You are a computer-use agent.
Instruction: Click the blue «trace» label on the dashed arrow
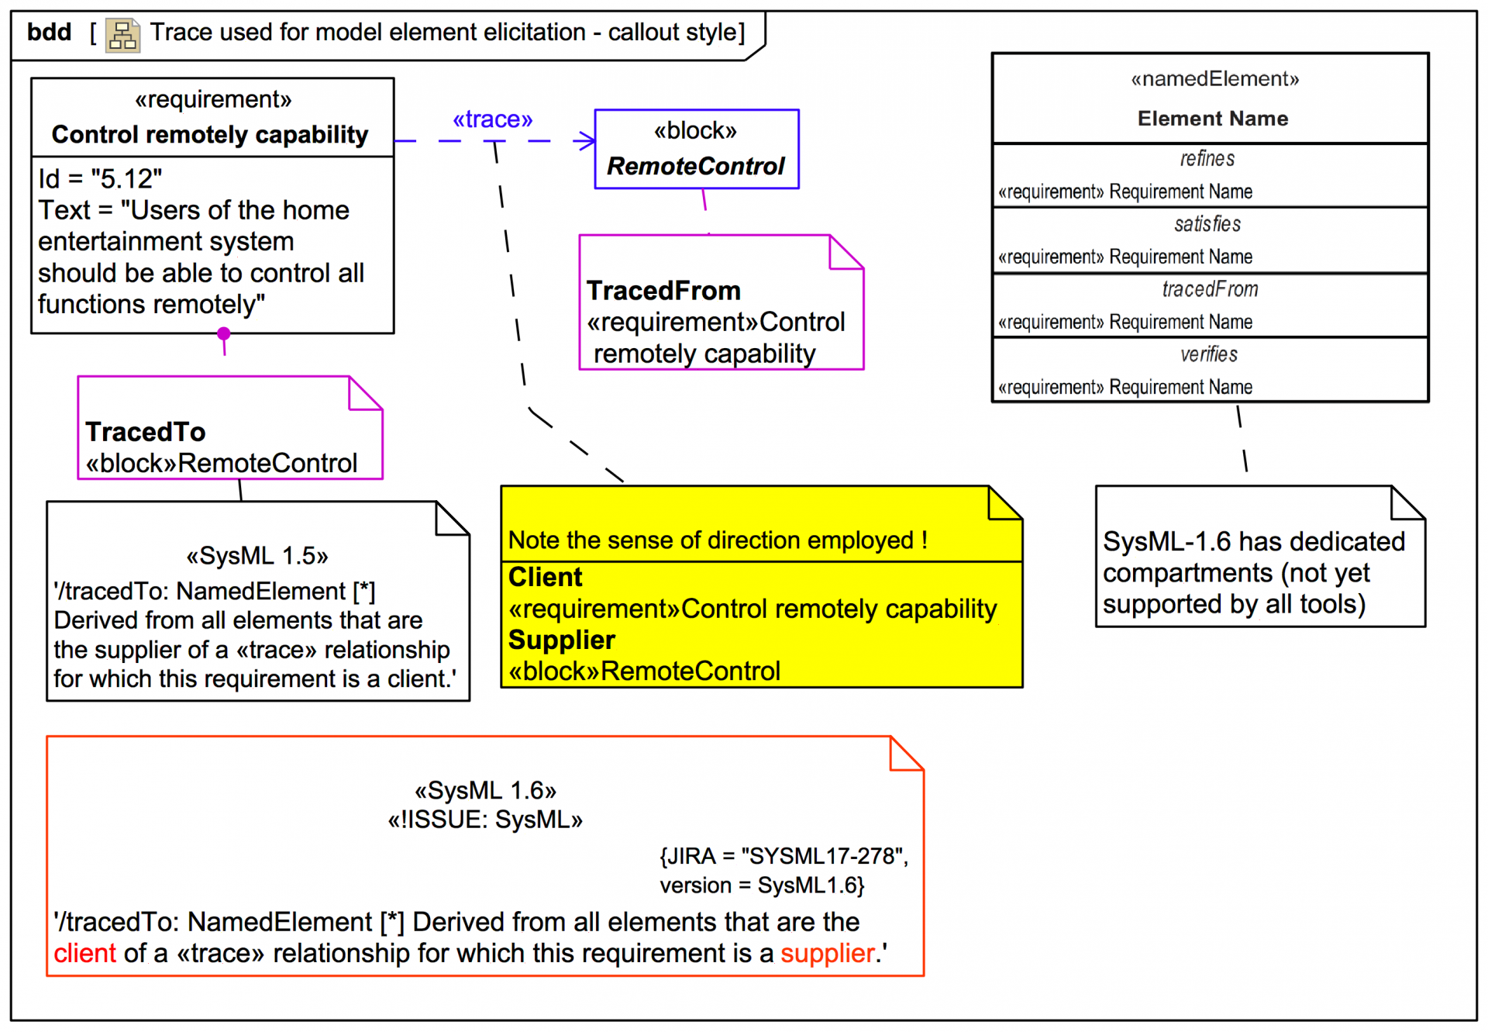click(492, 119)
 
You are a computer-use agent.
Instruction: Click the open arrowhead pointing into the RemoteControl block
click(587, 140)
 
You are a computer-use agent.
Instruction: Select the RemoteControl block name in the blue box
click(695, 166)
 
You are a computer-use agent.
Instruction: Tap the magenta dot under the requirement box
click(224, 333)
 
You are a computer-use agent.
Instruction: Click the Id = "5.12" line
click(100, 179)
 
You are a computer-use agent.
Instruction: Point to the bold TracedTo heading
click(145, 432)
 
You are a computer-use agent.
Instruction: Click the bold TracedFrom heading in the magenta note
click(663, 291)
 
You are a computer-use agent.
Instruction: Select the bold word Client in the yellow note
click(545, 578)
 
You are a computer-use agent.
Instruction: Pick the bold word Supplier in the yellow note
click(561, 640)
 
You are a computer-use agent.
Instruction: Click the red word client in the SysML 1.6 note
click(84, 953)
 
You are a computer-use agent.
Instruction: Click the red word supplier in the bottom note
click(827, 953)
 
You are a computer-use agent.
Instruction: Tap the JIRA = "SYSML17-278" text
click(784, 856)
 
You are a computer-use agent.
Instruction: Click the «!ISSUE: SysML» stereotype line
click(485, 820)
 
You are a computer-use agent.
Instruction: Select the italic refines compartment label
click(1207, 159)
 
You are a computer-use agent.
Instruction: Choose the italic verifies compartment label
click(1208, 354)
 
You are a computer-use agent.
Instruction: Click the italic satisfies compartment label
click(1207, 224)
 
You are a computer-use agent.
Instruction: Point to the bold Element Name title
click(1212, 119)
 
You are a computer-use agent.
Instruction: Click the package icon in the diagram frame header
click(122, 35)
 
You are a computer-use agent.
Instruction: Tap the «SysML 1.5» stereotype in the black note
click(257, 556)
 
